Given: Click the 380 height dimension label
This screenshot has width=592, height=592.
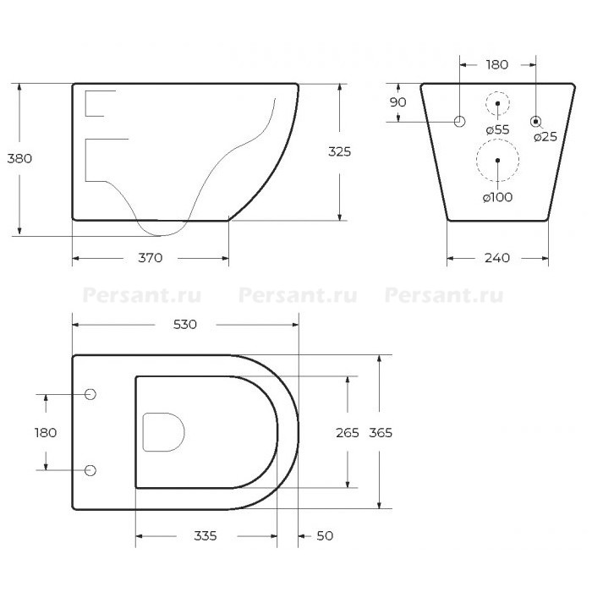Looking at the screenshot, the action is click(19, 159).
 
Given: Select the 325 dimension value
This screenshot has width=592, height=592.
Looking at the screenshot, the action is click(339, 151).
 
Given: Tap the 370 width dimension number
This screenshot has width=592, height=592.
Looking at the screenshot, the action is click(151, 258).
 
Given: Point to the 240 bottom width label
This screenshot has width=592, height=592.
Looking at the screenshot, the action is click(497, 258).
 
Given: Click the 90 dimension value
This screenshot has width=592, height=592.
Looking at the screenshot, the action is click(398, 102).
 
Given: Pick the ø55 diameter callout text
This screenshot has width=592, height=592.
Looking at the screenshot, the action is click(497, 130).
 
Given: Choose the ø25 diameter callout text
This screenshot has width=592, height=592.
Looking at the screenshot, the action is click(545, 137).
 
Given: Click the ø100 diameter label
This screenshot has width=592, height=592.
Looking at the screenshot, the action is click(497, 197).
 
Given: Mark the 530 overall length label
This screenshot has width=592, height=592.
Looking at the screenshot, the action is click(185, 325).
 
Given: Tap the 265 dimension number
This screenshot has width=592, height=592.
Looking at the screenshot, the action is click(348, 433).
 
